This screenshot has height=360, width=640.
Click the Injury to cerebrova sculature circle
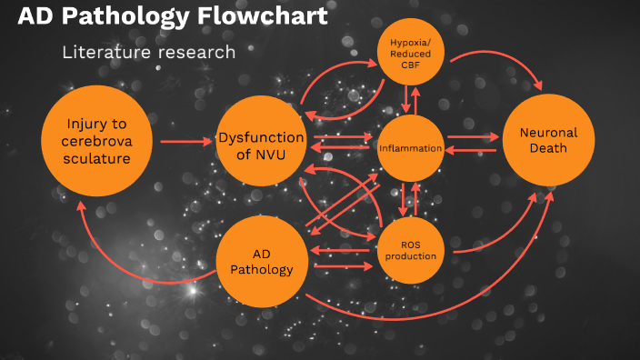click(x=96, y=141)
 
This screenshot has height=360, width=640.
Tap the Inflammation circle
click(x=410, y=147)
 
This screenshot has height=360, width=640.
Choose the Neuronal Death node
click(x=548, y=141)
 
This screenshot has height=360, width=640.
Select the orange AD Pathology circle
click(x=261, y=261)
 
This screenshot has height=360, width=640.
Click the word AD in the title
click(x=33, y=17)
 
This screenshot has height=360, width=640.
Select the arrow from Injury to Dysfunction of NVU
click(x=185, y=142)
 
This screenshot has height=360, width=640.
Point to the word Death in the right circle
click(x=548, y=149)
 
